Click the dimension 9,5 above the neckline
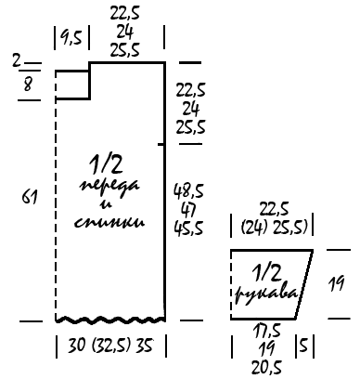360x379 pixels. (71, 38)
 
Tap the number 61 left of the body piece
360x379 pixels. (30, 197)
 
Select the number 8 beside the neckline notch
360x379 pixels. (28, 84)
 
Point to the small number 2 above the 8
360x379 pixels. (17, 60)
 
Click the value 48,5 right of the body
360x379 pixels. (188, 190)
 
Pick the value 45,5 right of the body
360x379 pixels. (188, 229)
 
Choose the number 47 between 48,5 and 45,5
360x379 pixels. (189, 210)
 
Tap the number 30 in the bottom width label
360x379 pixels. (76, 346)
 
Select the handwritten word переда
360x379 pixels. (110, 186)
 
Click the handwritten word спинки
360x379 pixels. (109, 223)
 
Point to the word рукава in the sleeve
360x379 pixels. (266, 294)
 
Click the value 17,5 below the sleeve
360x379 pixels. (266, 331)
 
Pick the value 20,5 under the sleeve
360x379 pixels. (266, 368)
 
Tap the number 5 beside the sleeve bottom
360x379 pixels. (304, 346)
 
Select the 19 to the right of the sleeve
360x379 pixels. (336, 283)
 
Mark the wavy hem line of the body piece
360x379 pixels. (110, 320)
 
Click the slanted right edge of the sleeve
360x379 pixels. (304, 284)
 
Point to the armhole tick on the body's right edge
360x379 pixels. (161, 144)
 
